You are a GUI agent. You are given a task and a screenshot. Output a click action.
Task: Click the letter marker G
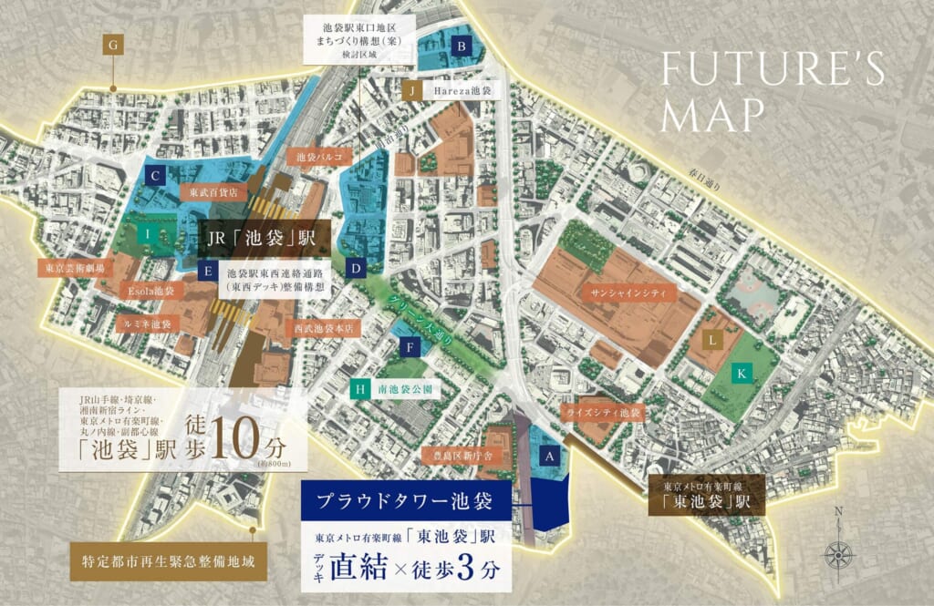pyautogui.click(x=113, y=45)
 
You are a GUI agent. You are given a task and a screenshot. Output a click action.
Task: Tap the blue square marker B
pyautogui.click(x=462, y=45)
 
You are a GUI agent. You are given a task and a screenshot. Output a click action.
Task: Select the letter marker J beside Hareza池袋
pyautogui.click(x=412, y=91)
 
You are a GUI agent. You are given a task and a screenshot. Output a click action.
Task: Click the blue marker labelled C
pyautogui.click(x=156, y=176)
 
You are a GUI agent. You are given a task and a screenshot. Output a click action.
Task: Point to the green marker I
pyautogui.click(x=146, y=234)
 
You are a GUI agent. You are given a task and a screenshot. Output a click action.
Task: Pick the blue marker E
pyautogui.click(x=209, y=272)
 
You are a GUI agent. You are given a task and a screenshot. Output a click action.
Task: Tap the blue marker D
pyautogui.click(x=357, y=268)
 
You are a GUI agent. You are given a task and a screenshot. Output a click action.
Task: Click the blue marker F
pyautogui.click(x=411, y=347)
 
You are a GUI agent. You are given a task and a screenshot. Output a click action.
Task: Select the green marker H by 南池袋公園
pyautogui.click(x=361, y=388)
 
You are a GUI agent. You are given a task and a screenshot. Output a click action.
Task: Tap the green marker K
pyautogui.click(x=743, y=374)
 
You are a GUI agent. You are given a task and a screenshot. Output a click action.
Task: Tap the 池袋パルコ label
pyautogui.click(x=318, y=157)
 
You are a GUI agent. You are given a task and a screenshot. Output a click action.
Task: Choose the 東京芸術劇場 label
pyautogui.click(x=76, y=269)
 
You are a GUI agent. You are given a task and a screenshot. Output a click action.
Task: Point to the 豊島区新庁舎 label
pyautogui.click(x=458, y=454)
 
